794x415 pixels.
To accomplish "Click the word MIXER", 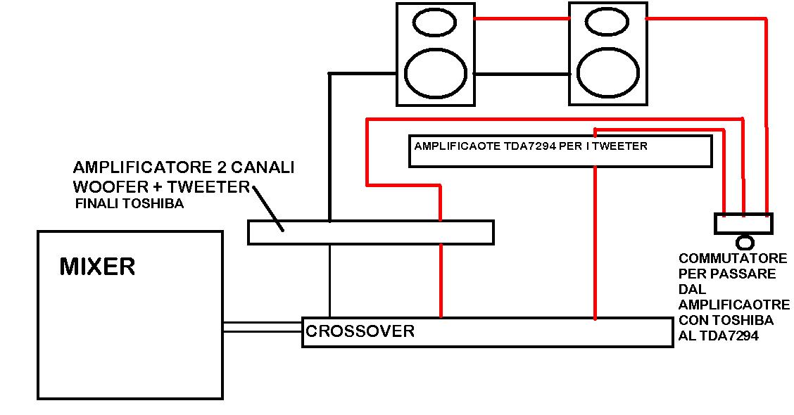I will pos(97,267).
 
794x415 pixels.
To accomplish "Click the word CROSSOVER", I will pos(360,331).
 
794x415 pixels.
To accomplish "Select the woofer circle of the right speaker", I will pos(608,72).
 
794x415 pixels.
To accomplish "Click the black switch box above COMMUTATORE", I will pos(743,223).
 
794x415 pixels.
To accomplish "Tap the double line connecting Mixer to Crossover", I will pos(263,327).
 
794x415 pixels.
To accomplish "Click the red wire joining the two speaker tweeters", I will pos(522,20).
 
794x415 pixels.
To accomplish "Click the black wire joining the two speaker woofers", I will pos(522,73).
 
